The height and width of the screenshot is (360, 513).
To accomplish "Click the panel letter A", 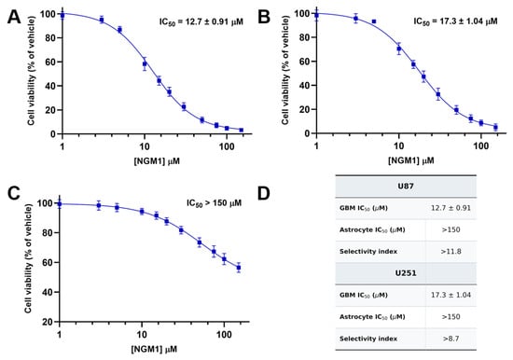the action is [14, 17].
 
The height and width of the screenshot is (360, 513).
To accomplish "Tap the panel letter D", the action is [264, 193].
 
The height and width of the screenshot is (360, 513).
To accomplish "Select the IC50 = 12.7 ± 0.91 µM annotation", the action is [201, 22].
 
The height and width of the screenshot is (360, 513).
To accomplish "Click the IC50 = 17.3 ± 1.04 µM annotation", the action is [455, 21].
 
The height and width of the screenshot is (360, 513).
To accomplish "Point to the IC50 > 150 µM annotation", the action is [214, 203].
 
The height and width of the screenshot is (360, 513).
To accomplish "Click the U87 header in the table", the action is [406, 187].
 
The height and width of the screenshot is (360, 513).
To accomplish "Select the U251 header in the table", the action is [406, 273].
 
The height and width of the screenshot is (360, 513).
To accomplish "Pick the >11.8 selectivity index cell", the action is [451, 251].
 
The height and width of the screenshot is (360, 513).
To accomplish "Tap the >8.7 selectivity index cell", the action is [451, 339].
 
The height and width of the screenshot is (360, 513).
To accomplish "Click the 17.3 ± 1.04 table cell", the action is [451, 295].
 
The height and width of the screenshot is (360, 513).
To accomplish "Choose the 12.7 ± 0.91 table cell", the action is [451, 208].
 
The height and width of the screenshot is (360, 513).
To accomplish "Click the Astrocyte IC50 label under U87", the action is [372, 229].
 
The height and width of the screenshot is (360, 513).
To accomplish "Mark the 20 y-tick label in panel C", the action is [47, 322].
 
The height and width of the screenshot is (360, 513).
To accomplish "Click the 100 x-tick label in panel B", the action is [481, 145].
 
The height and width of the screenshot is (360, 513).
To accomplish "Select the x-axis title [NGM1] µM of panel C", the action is [154, 349].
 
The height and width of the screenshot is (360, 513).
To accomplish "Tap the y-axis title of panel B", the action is [285, 70].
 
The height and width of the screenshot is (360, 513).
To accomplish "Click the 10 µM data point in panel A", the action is [145, 64].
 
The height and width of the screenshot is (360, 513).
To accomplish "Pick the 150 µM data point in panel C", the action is [239, 268].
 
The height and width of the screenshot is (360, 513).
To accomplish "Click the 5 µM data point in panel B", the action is [374, 21].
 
